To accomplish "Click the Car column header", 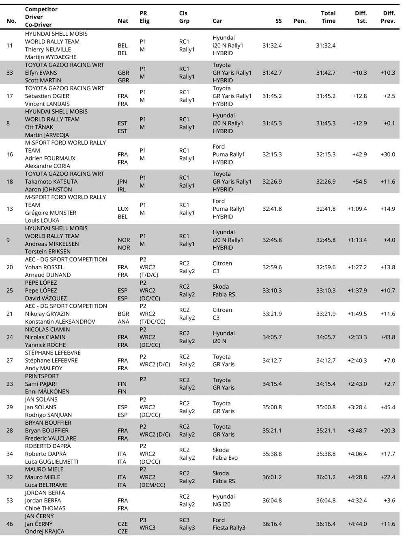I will tap(217, 21).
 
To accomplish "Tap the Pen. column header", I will tap(299, 21).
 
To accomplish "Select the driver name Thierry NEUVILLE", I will tap(48, 50).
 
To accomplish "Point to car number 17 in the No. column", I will tap(10, 96).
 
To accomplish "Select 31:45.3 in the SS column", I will tap(272, 123).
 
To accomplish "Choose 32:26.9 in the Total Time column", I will tap(326, 182).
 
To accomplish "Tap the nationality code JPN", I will tap(122, 182).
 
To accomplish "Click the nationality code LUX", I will tap(123, 209).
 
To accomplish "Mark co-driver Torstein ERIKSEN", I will tap(48, 251).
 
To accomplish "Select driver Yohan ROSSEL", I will tap(45, 267).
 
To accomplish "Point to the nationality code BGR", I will tap(123, 313).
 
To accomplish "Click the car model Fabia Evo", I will tap(225, 458).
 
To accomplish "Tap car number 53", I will tap(10, 500).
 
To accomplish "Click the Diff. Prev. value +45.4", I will tap(387, 407).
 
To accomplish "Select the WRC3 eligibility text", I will tap(147, 527).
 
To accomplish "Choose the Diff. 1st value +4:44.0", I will tap(357, 524).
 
